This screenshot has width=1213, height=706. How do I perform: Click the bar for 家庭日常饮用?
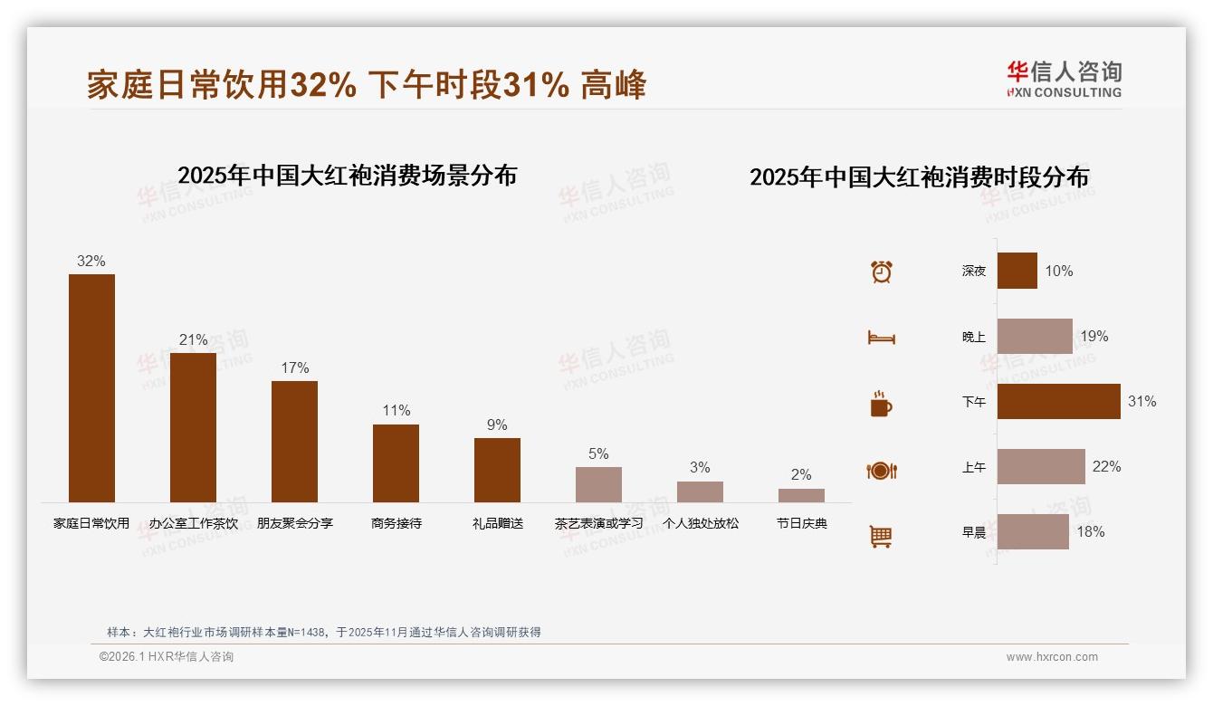point(91,387)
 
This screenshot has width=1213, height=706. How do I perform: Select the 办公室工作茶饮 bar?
point(193,427)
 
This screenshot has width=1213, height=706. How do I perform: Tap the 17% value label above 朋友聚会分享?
point(294,367)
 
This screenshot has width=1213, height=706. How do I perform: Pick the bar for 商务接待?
point(396,463)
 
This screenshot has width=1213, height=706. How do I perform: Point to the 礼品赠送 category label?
point(497,523)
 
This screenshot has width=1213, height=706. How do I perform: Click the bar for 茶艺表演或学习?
point(598,484)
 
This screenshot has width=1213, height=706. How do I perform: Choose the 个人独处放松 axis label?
point(700,523)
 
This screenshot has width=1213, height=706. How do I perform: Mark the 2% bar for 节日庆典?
point(801,495)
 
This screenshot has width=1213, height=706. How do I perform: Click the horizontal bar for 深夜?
point(1017,271)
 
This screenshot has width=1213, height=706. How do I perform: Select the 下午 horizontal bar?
point(1058,401)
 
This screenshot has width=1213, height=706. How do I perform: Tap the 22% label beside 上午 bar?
point(1106,466)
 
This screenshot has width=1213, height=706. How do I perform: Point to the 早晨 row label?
point(974,532)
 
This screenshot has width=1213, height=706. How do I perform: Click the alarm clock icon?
point(881,272)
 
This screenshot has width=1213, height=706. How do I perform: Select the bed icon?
point(881,338)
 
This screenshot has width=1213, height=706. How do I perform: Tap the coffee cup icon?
point(881,404)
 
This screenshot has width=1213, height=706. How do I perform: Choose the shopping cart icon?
point(881,536)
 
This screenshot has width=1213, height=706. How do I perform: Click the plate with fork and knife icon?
point(881,471)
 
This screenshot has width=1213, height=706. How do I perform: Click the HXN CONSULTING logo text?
point(1064,92)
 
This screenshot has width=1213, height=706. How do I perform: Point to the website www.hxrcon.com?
point(1051,657)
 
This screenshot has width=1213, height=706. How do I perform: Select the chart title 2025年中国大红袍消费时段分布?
point(919,176)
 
